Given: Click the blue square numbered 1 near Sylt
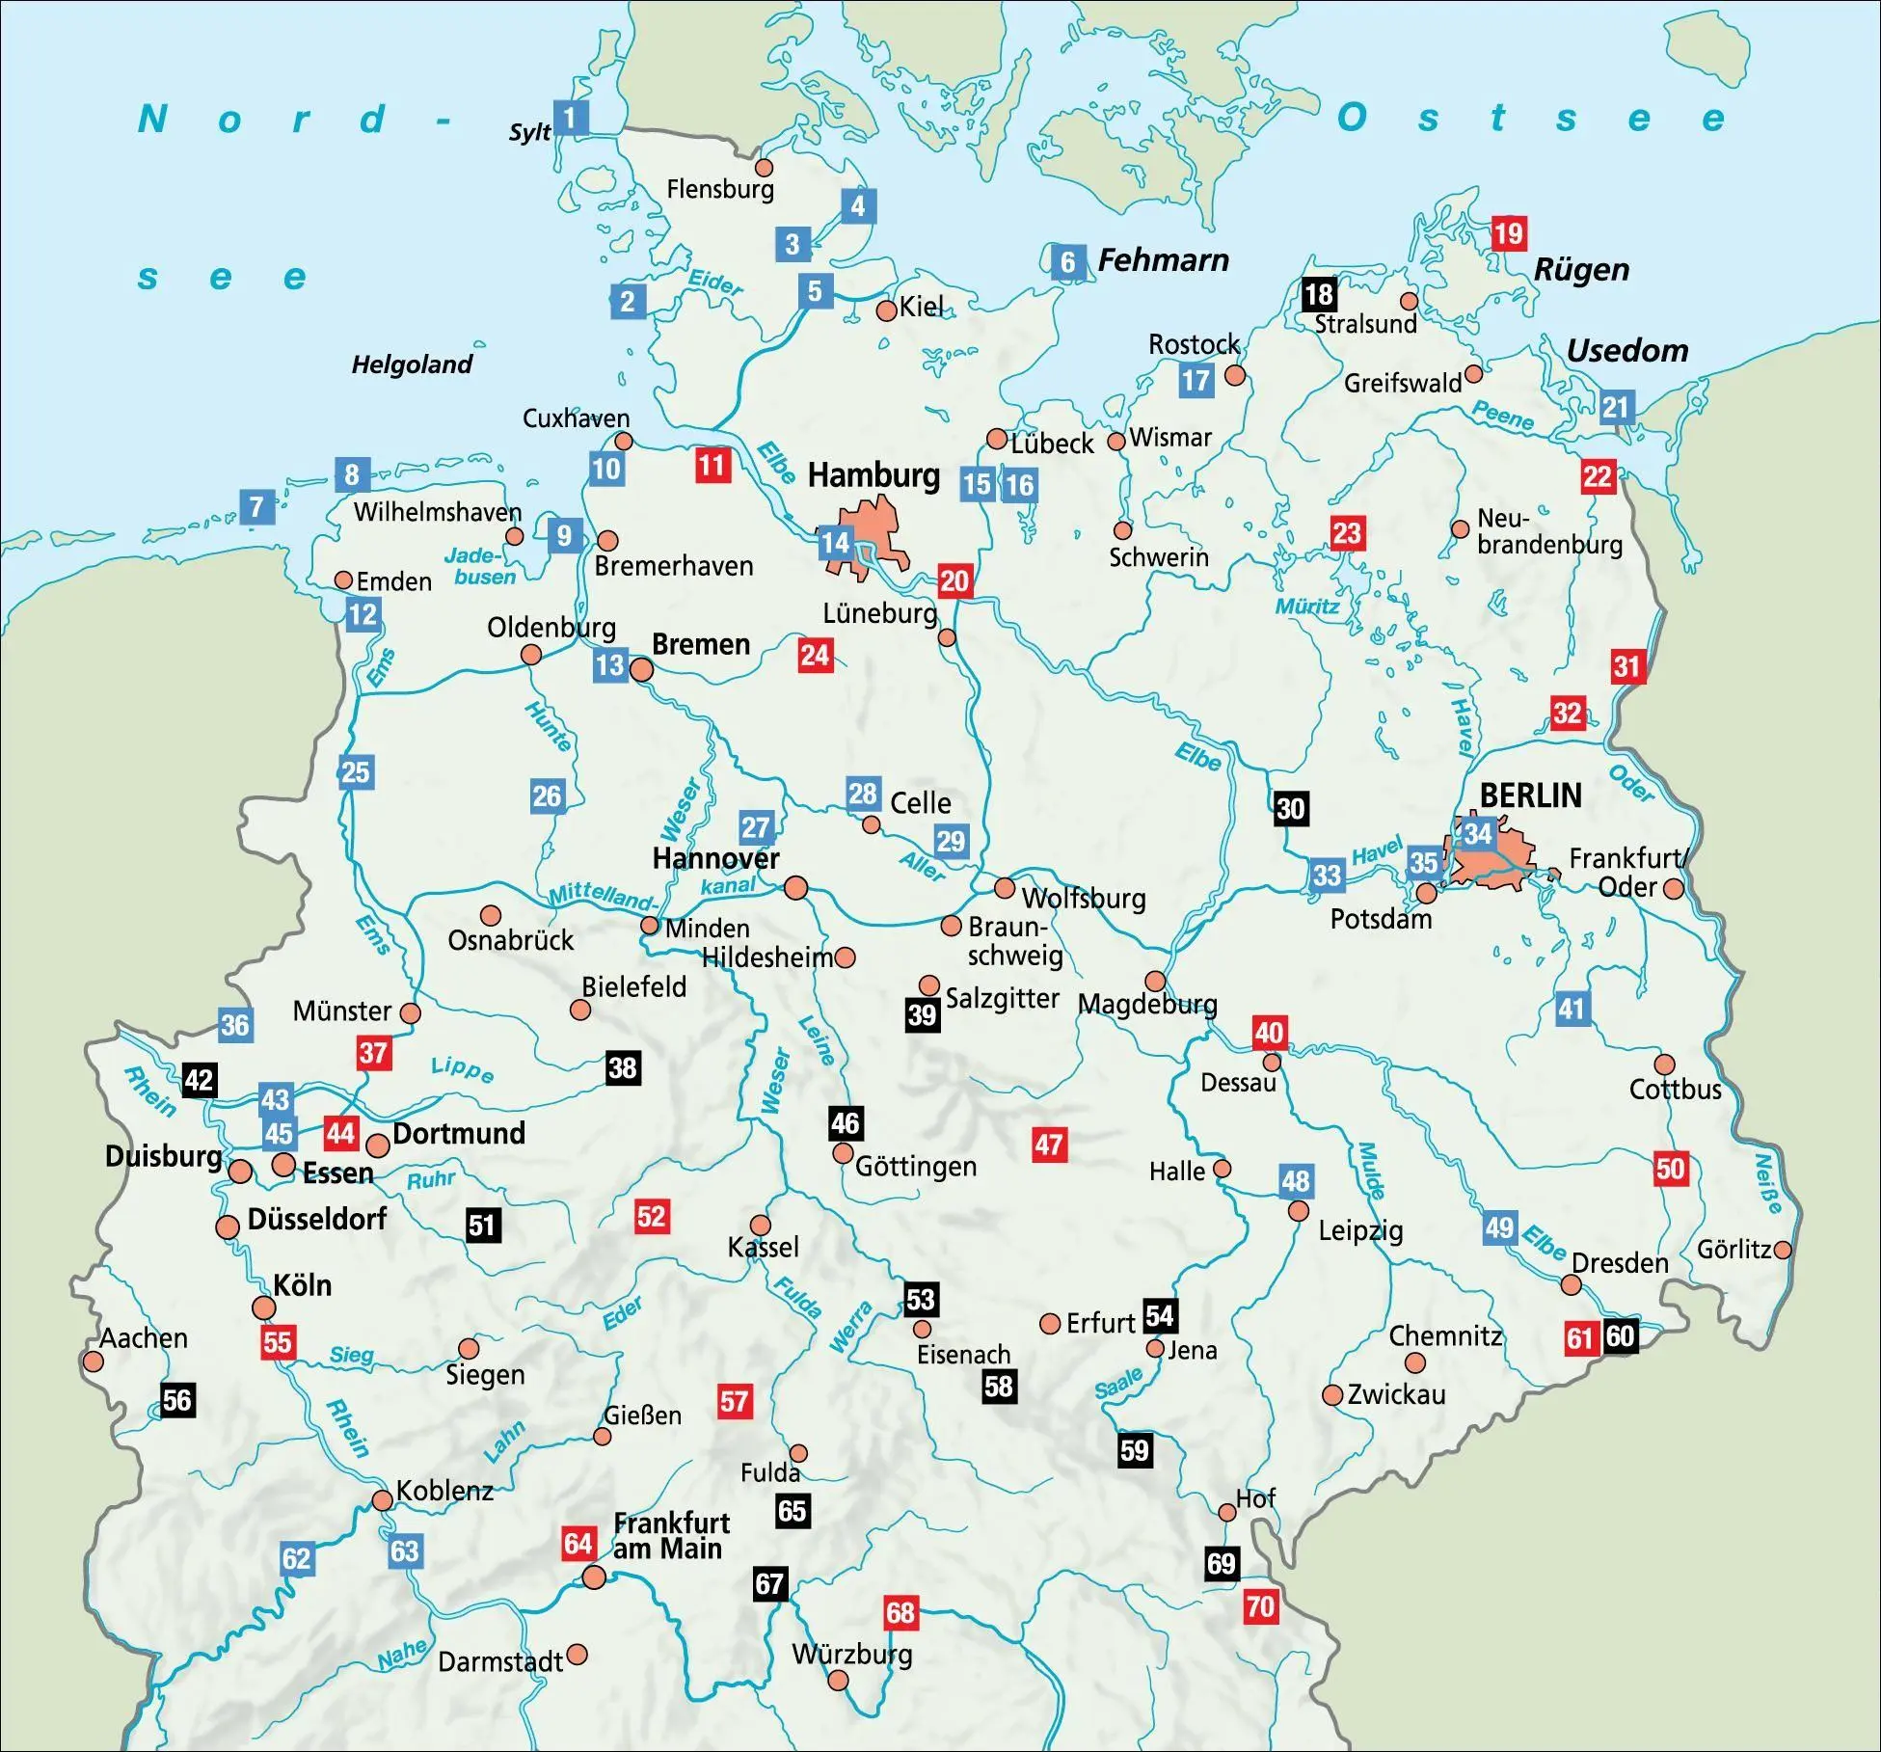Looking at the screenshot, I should pyautogui.click(x=570, y=118).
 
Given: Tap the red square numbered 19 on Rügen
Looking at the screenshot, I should pyautogui.click(x=1508, y=233).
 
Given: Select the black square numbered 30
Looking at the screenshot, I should pyautogui.click(x=1290, y=808).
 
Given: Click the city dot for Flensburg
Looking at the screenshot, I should pyautogui.click(x=764, y=168).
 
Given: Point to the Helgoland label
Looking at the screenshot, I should pyautogui.click(x=412, y=364).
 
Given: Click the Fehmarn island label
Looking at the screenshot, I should pyautogui.click(x=1163, y=260).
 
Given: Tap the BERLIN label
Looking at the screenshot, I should pyautogui.click(x=1530, y=795).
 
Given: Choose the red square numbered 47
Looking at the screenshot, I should pyautogui.click(x=1049, y=1145).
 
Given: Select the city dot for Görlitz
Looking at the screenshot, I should pyautogui.click(x=1783, y=1250).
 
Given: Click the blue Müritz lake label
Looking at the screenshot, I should pyautogui.click(x=1306, y=606).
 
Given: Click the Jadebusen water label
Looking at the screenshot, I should pyautogui.click(x=479, y=566).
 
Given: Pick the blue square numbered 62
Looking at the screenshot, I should pyautogui.click(x=297, y=1559).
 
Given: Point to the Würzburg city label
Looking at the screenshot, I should pyautogui.click(x=851, y=1655).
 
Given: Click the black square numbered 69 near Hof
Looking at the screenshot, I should pyautogui.click(x=1221, y=1563).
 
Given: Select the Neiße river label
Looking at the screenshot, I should pyautogui.click(x=1767, y=1184).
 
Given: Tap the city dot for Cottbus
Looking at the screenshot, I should pyautogui.click(x=1664, y=1065).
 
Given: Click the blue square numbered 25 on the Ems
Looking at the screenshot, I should pyautogui.click(x=356, y=772).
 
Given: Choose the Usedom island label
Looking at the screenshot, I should pyautogui.click(x=1626, y=351).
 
